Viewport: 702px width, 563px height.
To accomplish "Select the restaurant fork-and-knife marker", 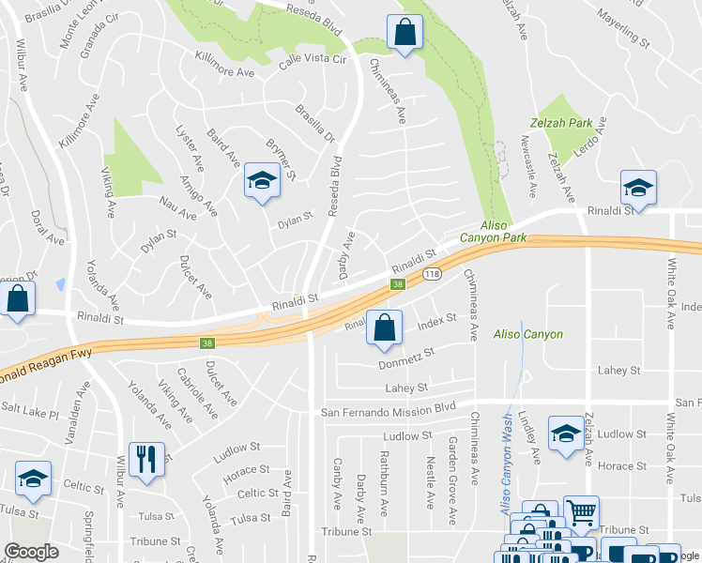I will (145, 459).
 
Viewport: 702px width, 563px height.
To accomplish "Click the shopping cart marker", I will (582, 512).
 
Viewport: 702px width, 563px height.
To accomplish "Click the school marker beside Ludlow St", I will (566, 434).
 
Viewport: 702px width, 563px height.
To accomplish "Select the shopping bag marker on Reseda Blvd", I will (404, 33).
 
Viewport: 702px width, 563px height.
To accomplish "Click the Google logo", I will (31, 552).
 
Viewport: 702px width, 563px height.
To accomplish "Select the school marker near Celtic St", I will (33, 479).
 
